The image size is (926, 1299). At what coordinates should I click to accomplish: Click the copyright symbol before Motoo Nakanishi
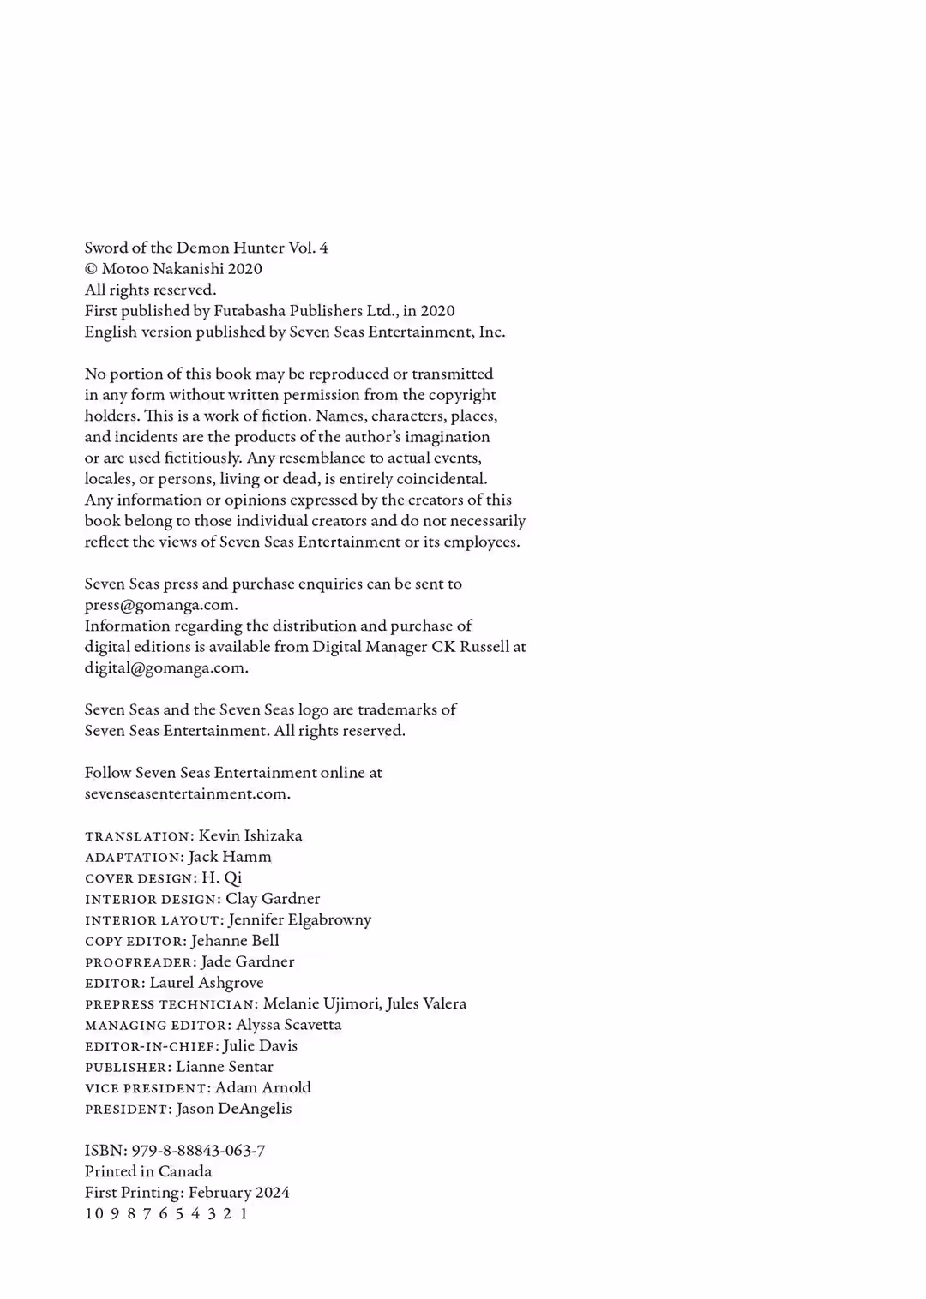(91, 269)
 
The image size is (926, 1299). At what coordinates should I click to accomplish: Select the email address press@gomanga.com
(160, 605)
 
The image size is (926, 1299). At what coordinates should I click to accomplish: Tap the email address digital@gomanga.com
(165, 668)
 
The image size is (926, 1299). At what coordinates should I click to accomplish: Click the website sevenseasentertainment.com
(186, 794)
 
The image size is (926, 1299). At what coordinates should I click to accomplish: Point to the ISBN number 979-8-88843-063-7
(198, 1151)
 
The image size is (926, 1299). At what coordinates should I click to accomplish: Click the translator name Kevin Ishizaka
(250, 835)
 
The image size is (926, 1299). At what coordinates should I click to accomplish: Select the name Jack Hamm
(230, 857)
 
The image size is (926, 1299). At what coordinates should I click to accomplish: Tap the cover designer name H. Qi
(222, 877)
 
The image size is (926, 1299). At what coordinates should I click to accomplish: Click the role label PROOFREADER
(139, 962)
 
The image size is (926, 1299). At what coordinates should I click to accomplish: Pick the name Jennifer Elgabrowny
(300, 919)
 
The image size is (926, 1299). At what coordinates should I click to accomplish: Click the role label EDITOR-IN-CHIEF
(151, 1046)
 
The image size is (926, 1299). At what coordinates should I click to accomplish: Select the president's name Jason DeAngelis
(234, 1109)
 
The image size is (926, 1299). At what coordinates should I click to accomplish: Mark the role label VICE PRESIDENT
(146, 1088)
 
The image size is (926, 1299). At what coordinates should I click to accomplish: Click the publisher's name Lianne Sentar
(225, 1067)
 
